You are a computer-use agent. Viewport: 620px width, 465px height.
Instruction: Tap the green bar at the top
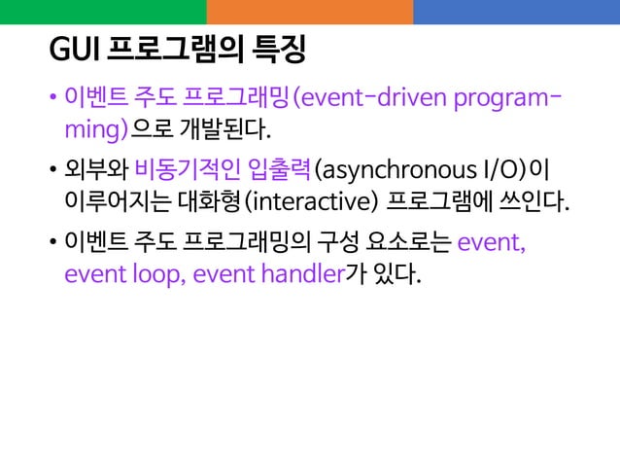(x=103, y=12)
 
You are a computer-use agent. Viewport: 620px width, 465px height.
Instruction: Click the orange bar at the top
(x=309, y=12)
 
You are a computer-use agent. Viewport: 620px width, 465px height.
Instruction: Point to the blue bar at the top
(x=516, y=12)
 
